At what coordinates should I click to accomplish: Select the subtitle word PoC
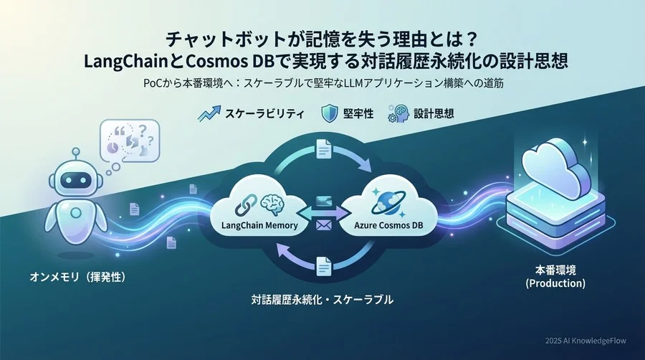tap(156, 83)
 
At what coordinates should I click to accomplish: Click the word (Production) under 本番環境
tap(555, 284)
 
